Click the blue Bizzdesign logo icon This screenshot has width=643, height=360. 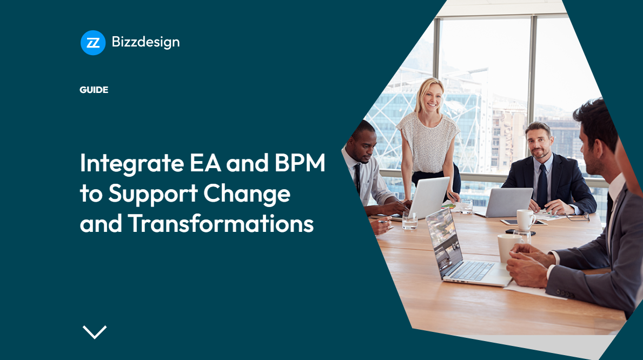92,43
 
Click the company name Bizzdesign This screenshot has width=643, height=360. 145,42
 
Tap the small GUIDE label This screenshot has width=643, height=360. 94,90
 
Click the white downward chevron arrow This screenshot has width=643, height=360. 95,331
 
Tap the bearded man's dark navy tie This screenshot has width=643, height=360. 541,184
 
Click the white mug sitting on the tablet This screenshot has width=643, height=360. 525,219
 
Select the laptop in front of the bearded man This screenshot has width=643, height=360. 503,202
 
